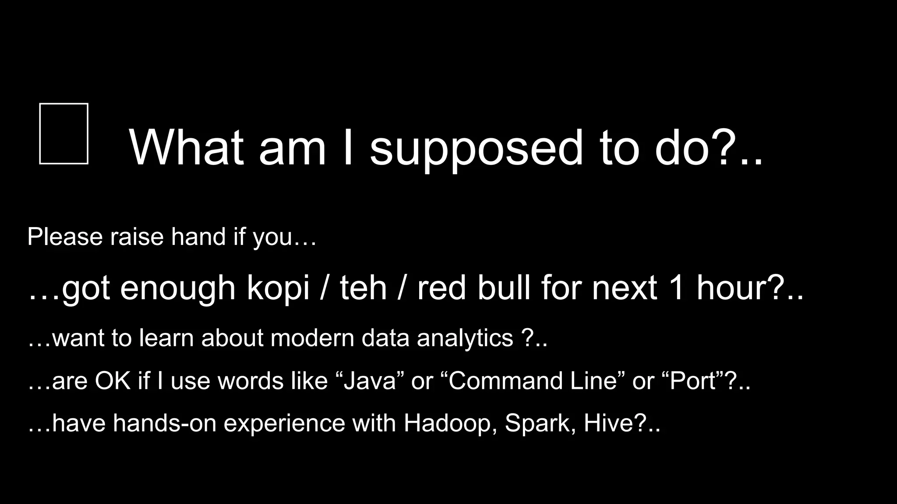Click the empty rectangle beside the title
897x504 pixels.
tap(64, 134)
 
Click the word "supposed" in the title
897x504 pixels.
tap(477, 149)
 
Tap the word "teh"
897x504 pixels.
tap(364, 288)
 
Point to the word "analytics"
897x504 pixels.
tap(465, 338)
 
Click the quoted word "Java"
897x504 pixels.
tap(370, 381)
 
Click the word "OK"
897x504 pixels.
tap(113, 381)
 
